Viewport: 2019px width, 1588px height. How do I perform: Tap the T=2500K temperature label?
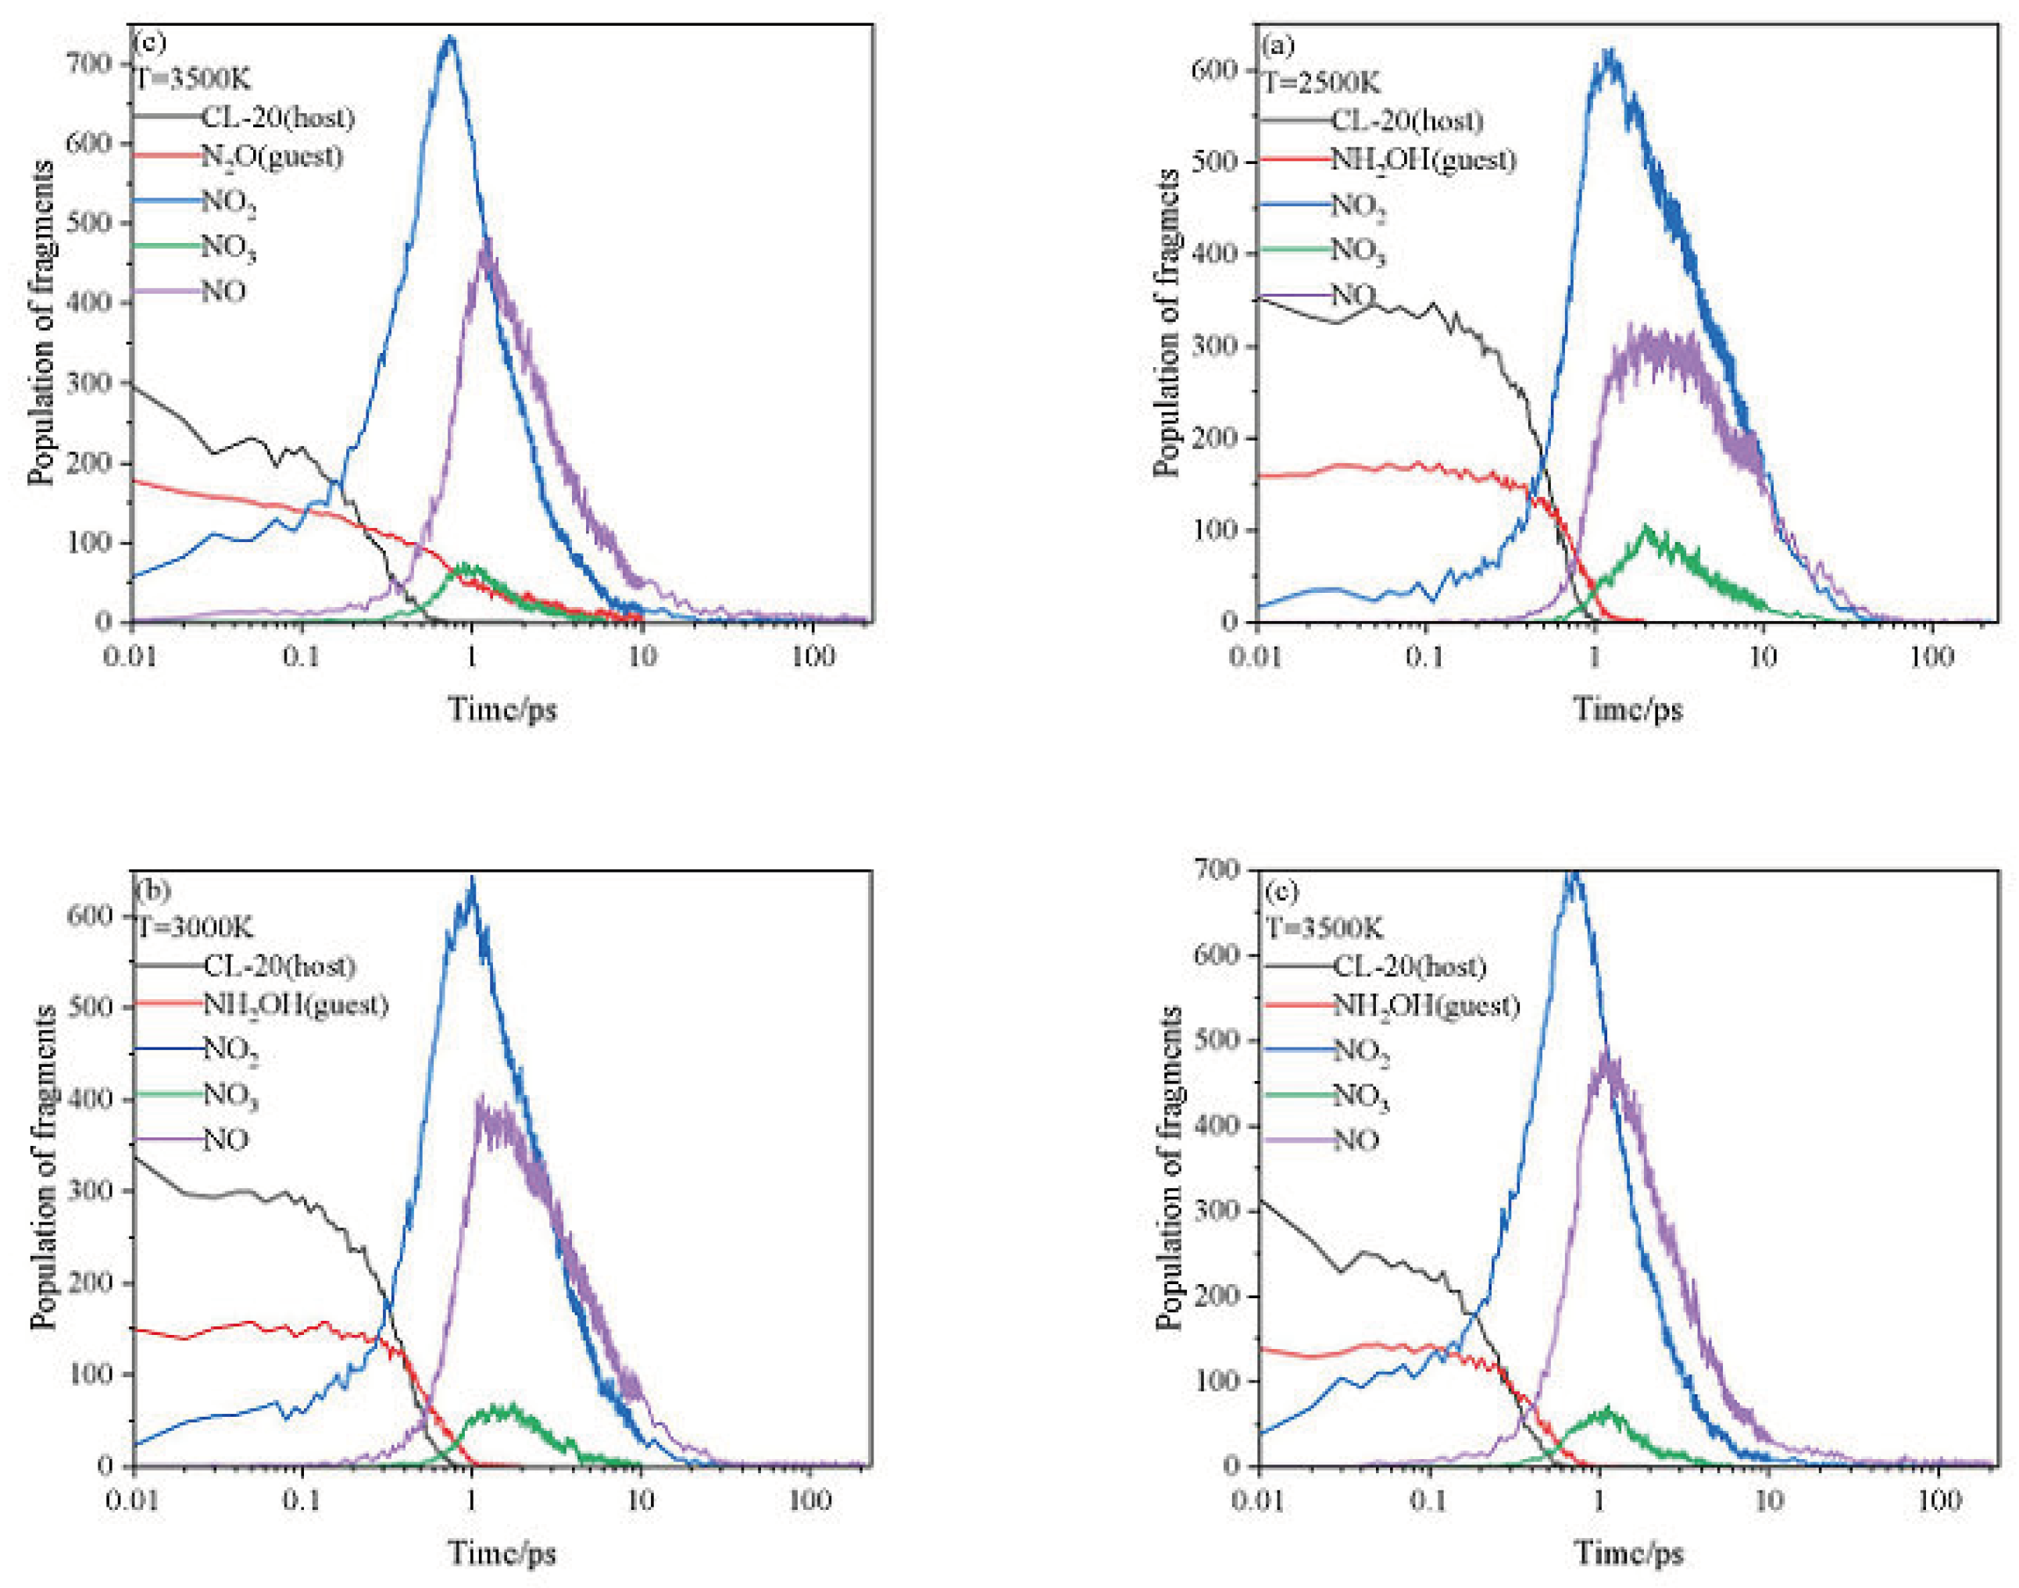[x=1320, y=83]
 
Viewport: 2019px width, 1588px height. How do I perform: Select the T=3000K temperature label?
[x=195, y=927]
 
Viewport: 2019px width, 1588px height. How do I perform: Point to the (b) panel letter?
[x=152, y=890]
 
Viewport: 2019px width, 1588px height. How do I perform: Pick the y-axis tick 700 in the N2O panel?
[x=89, y=63]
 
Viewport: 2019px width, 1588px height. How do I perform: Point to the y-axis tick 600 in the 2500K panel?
[x=1213, y=70]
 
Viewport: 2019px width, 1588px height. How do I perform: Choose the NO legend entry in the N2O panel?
[x=223, y=292]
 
